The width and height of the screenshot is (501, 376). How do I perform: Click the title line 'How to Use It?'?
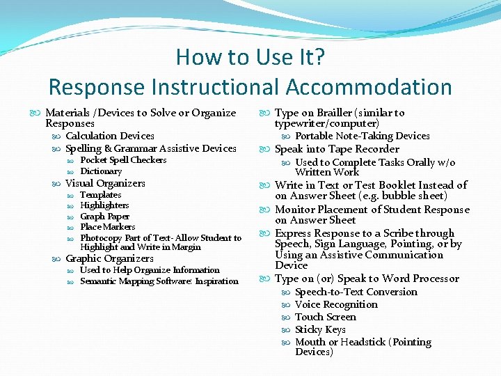click(250, 56)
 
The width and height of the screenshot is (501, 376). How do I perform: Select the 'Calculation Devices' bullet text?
click(110, 136)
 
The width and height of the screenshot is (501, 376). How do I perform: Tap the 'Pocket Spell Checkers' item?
click(123, 160)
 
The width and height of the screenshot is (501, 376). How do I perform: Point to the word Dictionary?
click(101, 171)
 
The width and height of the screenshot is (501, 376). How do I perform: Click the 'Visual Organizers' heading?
click(105, 184)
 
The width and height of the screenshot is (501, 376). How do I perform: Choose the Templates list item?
click(101, 195)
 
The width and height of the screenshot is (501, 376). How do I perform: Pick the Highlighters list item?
click(104, 205)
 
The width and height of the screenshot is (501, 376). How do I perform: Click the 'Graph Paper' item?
click(104, 216)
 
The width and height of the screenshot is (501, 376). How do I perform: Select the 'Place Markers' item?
click(108, 226)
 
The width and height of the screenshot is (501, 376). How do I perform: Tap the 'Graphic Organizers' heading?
click(109, 258)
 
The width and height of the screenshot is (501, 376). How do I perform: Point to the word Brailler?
click(335, 113)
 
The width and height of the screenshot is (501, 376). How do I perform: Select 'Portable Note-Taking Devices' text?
click(363, 136)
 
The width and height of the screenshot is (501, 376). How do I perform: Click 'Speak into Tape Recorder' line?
click(337, 149)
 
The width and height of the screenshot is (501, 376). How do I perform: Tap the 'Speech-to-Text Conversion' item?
click(356, 292)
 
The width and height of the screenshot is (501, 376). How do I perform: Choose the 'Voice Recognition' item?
click(336, 304)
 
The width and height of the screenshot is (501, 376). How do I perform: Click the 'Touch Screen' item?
click(326, 317)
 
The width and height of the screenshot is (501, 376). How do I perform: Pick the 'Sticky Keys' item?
click(320, 329)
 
